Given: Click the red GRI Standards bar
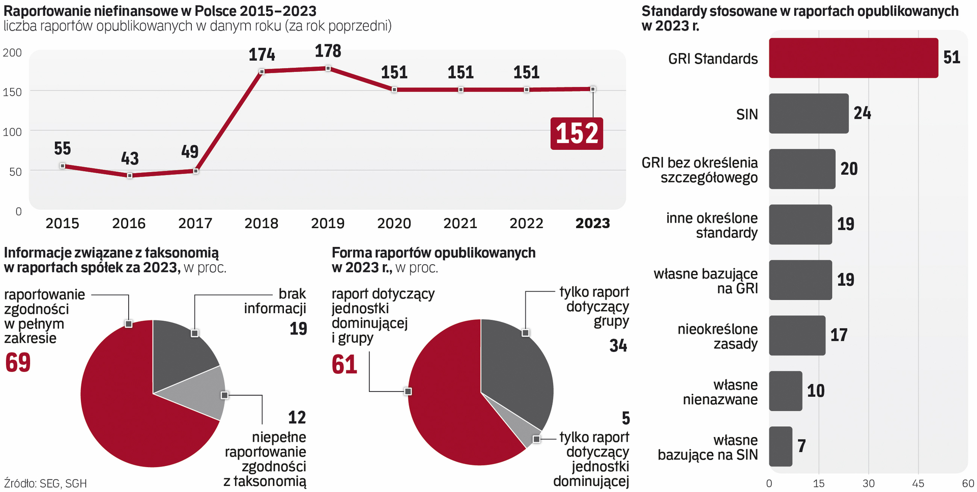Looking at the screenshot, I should pyautogui.click(x=853, y=58).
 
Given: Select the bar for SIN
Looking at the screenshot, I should pyautogui.click(x=808, y=114).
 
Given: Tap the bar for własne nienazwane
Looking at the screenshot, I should pyautogui.click(x=785, y=391).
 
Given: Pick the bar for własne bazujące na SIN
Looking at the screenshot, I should pyautogui.click(x=780, y=447).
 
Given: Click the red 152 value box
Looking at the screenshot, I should pyautogui.click(x=577, y=133).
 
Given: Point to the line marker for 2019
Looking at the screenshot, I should pyautogui.click(x=328, y=68).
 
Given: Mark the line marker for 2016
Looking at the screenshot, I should pyautogui.click(x=130, y=176).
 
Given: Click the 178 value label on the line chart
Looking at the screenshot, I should pyautogui.click(x=328, y=51).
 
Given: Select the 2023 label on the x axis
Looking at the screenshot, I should pyautogui.click(x=592, y=223).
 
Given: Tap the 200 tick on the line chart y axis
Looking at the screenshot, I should pyautogui.click(x=12, y=52).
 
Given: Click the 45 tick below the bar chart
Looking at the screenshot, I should pyautogui.click(x=917, y=483).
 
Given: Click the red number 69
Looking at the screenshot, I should pyautogui.click(x=18, y=363).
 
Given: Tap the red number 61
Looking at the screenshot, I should pyautogui.click(x=344, y=365).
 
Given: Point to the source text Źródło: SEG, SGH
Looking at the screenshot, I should pyautogui.click(x=45, y=483).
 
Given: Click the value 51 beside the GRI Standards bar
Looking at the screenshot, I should pyautogui.click(x=951, y=58).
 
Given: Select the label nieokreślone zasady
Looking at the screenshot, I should pyautogui.click(x=717, y=336).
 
